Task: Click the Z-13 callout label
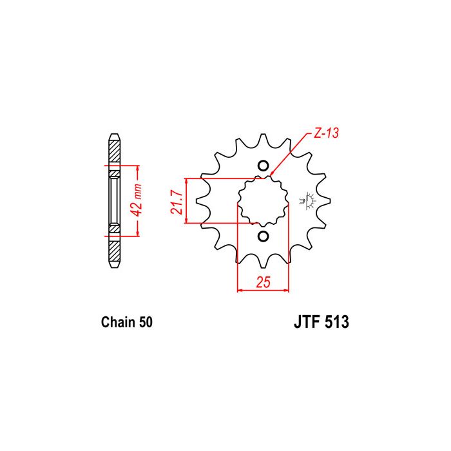325,133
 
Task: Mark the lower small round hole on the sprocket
262,236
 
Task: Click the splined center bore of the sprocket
262,201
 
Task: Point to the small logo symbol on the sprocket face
307,200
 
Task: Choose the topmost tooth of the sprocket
262,140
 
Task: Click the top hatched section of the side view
114,151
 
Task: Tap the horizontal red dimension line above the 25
264,291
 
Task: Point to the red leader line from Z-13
291,153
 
